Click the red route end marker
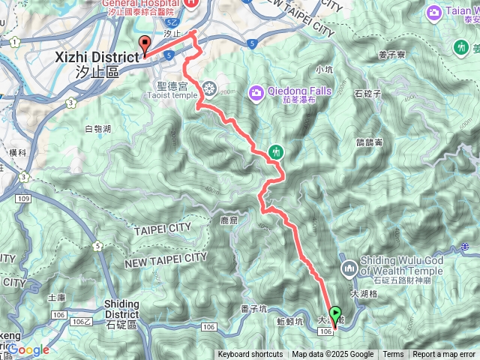pos(145,44)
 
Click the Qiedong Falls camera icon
pos(257,91)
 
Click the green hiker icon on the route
pos(276,152)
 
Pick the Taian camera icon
pos(434,13)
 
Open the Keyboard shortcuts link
pos(250,355)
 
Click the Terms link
pos(393,355)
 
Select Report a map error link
pos(444,355)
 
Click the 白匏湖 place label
pos(98,130)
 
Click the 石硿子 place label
pos(367,94)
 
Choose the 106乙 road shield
pos(82,321)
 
